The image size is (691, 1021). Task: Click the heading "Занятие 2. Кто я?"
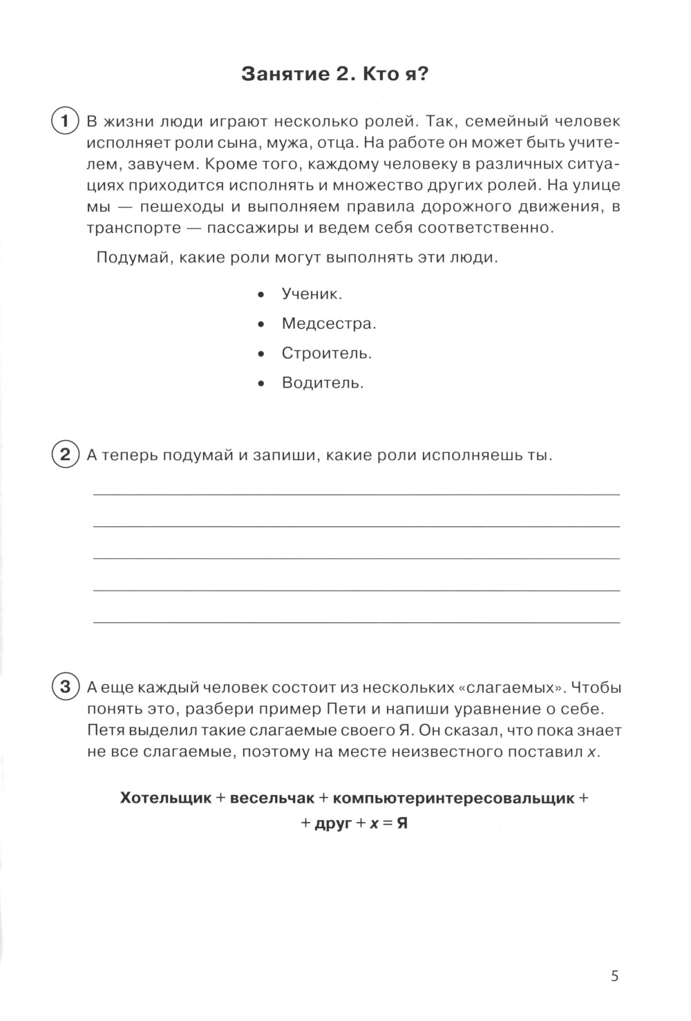point(334,75)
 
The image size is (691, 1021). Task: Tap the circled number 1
point(64,122)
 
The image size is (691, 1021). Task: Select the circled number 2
point(64,455)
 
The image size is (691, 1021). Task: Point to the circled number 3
point(64,687)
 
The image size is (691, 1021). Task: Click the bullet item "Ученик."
point(312,294)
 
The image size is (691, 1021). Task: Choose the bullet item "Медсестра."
point(328,323)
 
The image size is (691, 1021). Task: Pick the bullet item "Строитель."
point(326,353)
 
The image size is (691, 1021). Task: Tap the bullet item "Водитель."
point(322,383)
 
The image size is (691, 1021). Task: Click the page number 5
point(615,976)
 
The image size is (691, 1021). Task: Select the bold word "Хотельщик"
point(165,798)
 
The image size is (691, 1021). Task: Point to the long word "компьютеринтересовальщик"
point(453,798)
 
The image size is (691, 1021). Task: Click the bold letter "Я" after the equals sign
point(401,823)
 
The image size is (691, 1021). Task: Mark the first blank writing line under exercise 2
point(357,493)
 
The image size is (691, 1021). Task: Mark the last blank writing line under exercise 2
point(357,622)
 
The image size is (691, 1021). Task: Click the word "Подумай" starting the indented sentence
point(129,258)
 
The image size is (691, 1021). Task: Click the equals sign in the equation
point(386,823)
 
